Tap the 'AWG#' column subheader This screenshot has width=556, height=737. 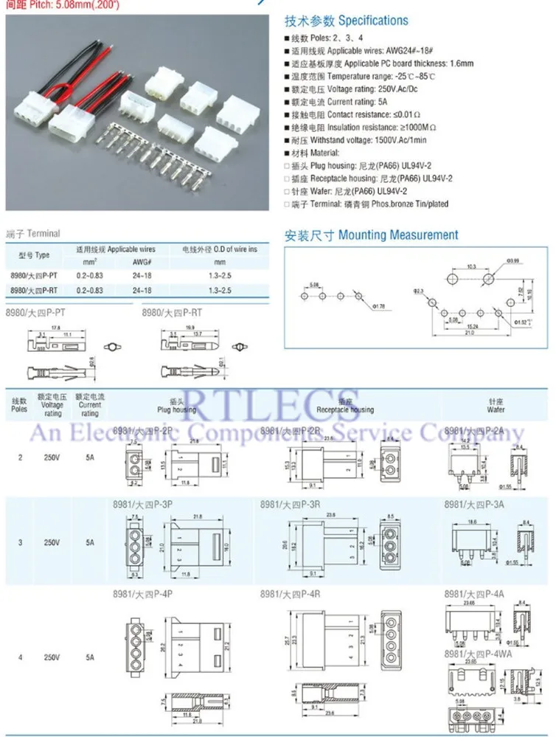[142, 262]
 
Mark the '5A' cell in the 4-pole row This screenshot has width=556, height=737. [89, 657]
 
